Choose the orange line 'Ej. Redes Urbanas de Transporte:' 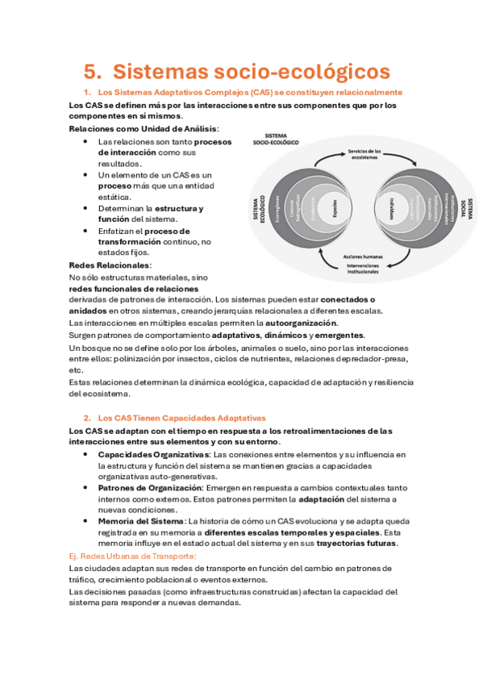pos(133,557)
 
